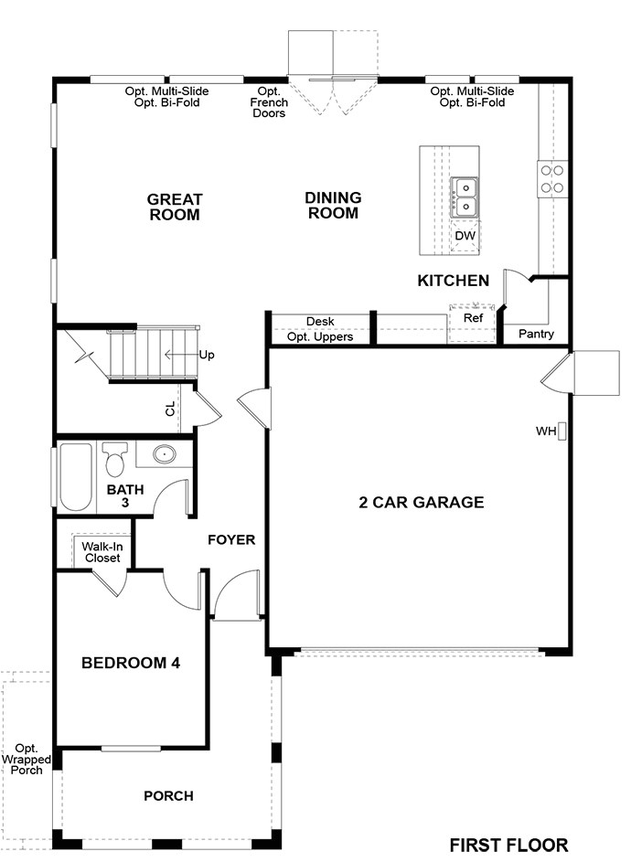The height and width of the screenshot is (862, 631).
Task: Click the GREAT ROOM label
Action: (x=175, y=208)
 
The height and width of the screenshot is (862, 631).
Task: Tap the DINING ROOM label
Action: (x=333, y=206)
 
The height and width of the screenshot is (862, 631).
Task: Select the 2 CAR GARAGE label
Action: (x=421, y=503)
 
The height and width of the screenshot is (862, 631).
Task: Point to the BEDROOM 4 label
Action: (x=130, y=663)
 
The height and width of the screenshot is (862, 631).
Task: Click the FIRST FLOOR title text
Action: (x=508, y=845)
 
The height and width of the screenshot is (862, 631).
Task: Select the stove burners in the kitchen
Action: (x=551, y=178)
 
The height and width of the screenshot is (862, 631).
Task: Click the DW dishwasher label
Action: (x=465, y=236)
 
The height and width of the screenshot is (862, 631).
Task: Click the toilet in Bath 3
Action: (x=114, y=462)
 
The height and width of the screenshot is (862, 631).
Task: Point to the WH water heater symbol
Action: (x=563, y=431)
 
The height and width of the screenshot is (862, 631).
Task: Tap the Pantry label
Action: (x=536, y=335)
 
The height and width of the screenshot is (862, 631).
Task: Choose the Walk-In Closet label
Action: (x=103, y=551)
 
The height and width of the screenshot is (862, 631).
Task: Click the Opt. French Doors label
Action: (x=269, y=102)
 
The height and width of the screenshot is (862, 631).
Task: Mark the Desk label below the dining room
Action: (x=320, y=322)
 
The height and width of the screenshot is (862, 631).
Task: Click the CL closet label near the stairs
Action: (x=170, y=409)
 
